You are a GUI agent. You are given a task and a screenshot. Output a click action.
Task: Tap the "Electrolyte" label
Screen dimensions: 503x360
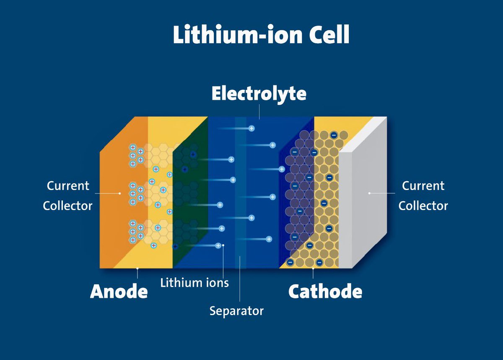(259, 94)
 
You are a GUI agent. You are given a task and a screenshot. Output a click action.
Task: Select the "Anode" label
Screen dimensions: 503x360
(119, 291)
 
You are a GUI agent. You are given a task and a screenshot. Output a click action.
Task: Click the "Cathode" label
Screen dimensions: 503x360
(325, 291)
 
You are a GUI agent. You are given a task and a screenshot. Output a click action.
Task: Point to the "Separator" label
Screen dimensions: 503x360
(236, 311)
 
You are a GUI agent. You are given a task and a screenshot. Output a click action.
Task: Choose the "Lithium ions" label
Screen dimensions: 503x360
(194, 282)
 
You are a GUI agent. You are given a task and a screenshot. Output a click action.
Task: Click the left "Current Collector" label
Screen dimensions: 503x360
(67, 196)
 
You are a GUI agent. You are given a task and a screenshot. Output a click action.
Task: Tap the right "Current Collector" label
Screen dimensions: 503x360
(423, 196)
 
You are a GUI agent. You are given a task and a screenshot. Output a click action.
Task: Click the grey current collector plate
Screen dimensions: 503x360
(363, 210)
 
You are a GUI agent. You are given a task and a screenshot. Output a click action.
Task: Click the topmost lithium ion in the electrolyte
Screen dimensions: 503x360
(251, 128)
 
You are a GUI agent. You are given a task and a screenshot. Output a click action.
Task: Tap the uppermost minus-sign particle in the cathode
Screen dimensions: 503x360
(334, 135)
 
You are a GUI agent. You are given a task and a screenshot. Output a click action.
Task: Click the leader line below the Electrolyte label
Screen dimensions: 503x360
(259, 111)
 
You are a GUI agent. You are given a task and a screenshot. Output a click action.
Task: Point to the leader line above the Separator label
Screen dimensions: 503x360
(240, 281)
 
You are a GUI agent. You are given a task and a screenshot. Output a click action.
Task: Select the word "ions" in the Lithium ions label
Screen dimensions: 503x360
(217, 282)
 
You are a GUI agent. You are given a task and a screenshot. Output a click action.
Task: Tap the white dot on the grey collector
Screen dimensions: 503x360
(369, 193)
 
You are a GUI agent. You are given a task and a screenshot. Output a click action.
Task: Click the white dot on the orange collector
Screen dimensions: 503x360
(120, 193)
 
